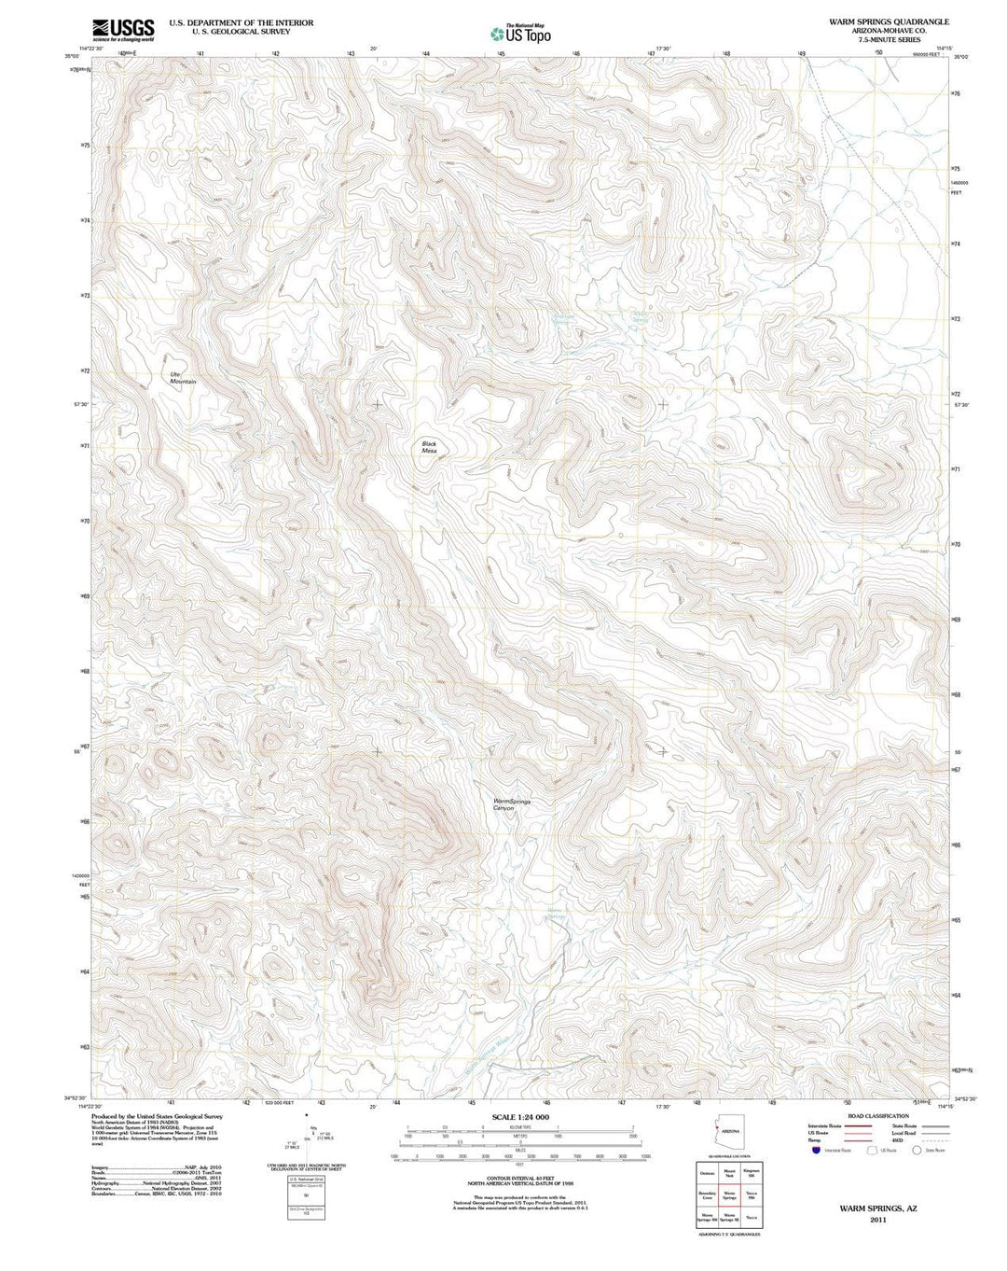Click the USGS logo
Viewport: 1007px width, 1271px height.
123,30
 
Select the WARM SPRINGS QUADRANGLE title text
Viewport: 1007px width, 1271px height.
876,21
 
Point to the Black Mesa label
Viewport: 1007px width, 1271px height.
429,447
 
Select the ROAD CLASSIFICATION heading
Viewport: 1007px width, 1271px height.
877,1116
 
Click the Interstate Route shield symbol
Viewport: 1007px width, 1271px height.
816,1151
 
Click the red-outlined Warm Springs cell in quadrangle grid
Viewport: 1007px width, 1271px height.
730,1194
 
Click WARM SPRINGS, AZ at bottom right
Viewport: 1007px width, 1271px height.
877,1208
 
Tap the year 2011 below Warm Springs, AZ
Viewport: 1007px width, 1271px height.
877,1219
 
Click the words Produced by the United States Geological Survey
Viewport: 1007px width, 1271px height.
158,1116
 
